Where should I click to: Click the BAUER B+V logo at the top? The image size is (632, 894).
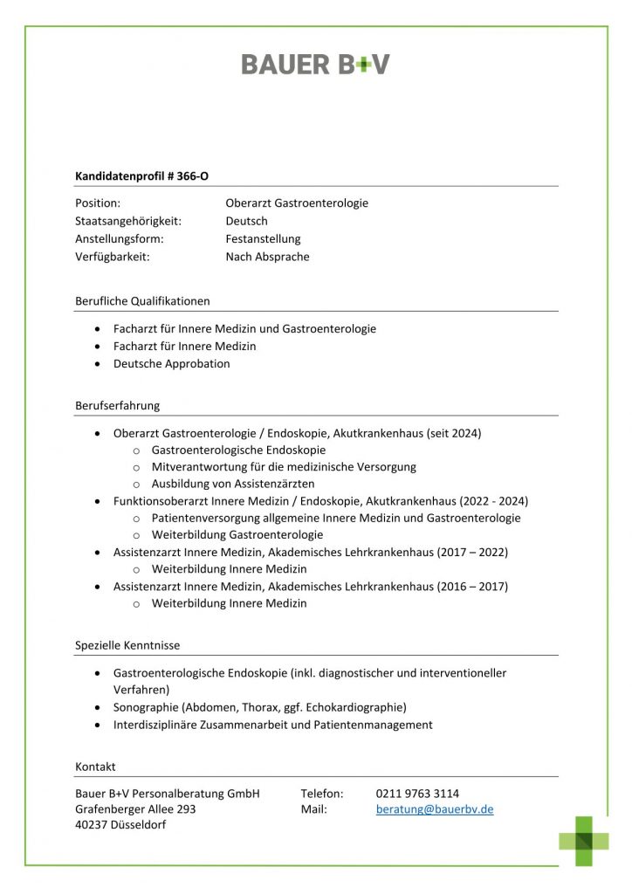tap(315, 65)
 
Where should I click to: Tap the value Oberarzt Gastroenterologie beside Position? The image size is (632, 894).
tap(297, 203)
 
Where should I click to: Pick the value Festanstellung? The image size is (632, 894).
tap(263, 239)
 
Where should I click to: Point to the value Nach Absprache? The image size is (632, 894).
tap(267, 257)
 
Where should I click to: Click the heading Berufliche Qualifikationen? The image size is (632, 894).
tap(142, 301)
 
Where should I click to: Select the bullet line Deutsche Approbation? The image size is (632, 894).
tap(172, 364)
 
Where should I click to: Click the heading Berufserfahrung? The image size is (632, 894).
tap(117, 406)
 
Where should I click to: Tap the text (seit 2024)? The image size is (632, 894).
tap(455, 433)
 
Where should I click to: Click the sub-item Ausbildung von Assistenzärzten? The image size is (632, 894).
tap(233, 484)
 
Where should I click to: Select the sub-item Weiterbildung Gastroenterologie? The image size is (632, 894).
tap(237, 535)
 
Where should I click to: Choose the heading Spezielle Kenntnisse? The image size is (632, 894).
tap(127, 646)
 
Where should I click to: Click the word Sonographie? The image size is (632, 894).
tap(144, 707)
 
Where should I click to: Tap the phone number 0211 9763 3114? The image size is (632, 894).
tap(417, 794)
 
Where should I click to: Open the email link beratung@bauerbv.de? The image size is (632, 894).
tap(435, 809)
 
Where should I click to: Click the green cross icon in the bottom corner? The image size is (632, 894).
tap(584, 840)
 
